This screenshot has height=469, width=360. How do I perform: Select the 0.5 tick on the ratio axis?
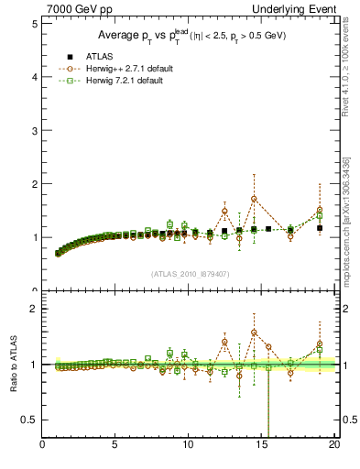click(32, 420)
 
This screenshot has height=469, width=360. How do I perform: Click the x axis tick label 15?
click(261, 445)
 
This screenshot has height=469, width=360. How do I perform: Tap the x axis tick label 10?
click(188, 445)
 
